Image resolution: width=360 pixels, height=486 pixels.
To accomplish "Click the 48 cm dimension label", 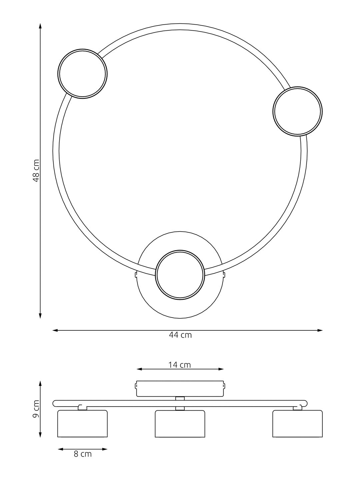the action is coord(36,170).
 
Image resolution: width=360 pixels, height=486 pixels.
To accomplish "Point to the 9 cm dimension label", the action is coord(36,412).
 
